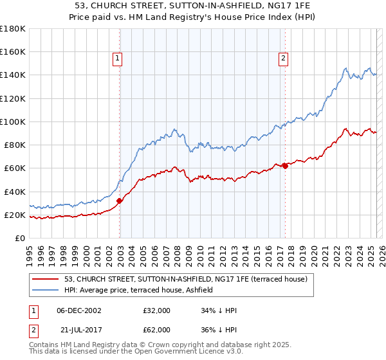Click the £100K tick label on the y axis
(13, 122)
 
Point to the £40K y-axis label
(15, 192)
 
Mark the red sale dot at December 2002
(120, 201)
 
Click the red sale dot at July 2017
(285, 165)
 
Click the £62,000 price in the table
(157, 330)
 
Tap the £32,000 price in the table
(157, 310)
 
